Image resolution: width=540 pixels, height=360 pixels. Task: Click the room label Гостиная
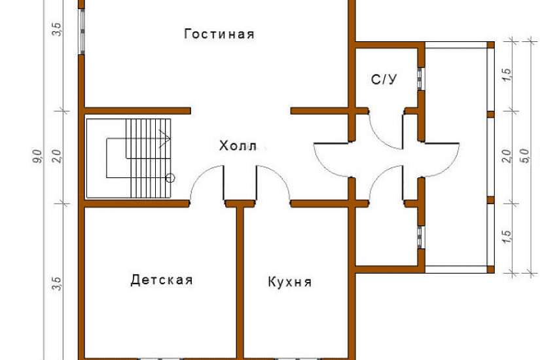coord(219,34)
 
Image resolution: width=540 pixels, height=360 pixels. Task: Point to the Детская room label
coord(162,280)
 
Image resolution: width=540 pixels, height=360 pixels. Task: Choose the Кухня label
coord(289,283)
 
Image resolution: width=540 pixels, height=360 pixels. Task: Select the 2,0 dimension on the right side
coord(506,158)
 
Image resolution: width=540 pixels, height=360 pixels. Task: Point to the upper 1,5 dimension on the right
coord(506,75)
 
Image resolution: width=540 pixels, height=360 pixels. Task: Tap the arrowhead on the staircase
coord(168,138)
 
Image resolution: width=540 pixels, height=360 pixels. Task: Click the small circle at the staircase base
coord(170,177)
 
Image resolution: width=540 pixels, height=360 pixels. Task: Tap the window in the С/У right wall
coord(420,79)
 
